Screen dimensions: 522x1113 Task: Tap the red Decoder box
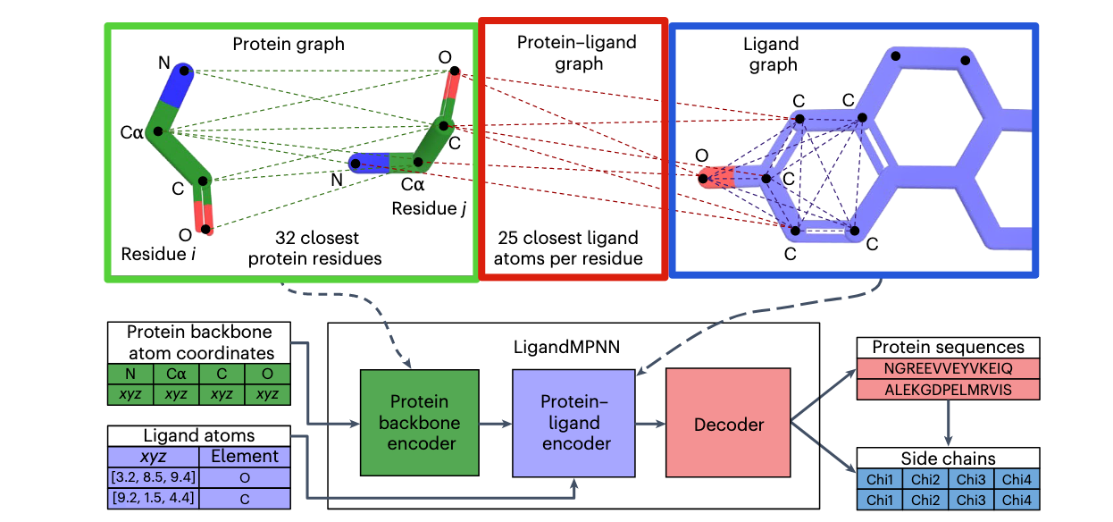(x=729, y=425)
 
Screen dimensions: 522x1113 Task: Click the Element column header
(x=244, y=457)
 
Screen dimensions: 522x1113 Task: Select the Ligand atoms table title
(x=198, y=436)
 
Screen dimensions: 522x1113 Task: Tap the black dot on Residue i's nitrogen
(x=184, y=69)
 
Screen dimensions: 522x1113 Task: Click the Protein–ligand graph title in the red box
(x=560, y=53)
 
